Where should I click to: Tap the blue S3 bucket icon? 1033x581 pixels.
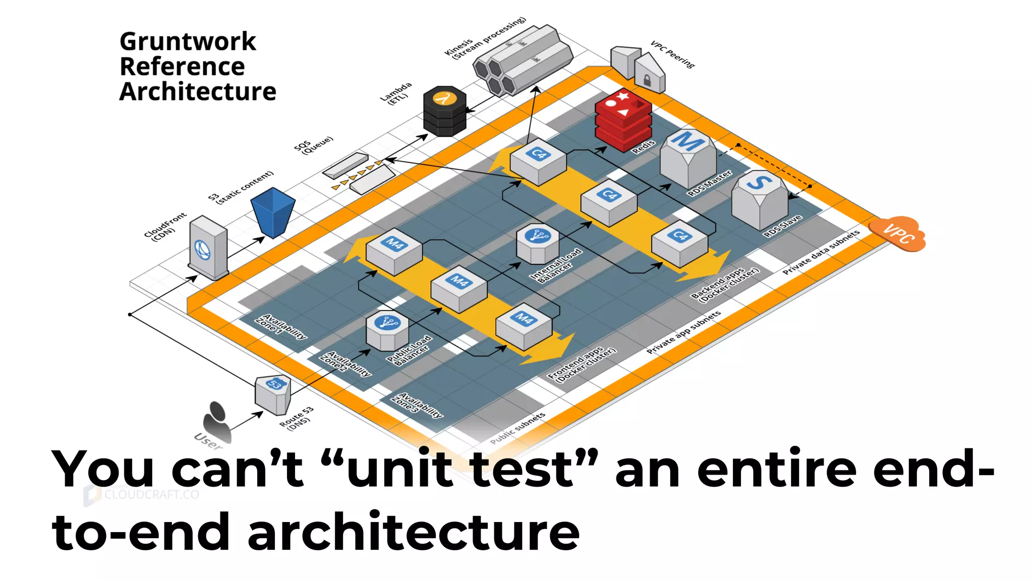pyautogui.click(x=273, y=212)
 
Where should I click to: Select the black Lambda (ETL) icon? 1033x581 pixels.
pyautogui.click(x=444, y=111)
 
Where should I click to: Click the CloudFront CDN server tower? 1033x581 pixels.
pyautogui.click(x=208, y=248)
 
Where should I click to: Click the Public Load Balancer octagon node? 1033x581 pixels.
pyautogui.click(x=387, y=330)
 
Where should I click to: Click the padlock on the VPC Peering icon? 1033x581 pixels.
pyautogui.click(x=647, y=80)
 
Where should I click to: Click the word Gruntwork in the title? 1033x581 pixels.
pyautogui.click(x=188, y=41)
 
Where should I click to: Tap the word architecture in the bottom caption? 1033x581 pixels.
pyautogui.click(x=414, y=532)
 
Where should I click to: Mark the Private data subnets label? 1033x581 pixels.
pyautogui.click(x=821, y=252)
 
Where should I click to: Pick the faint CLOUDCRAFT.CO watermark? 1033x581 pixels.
pyautogui.click(x=151, y=494)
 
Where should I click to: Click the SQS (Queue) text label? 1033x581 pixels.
pyautogui.click(x=313, y=145)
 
